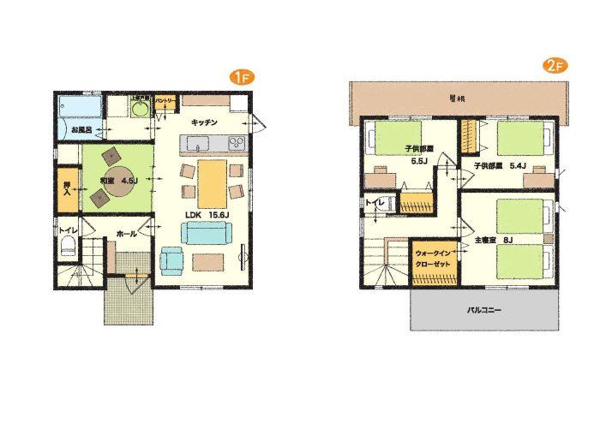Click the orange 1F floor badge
pos(240,76)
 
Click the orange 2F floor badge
pos(553,66)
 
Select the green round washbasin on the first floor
pos(140,110)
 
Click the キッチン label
pos(204,122)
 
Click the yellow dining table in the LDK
pos(212,178)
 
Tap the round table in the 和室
pos(110,182)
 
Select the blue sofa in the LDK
pos(206,233)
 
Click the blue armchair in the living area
pos(171,259)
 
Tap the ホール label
pos(126,232)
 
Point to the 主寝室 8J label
pos(495,241)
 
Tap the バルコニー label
pos(484,310)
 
